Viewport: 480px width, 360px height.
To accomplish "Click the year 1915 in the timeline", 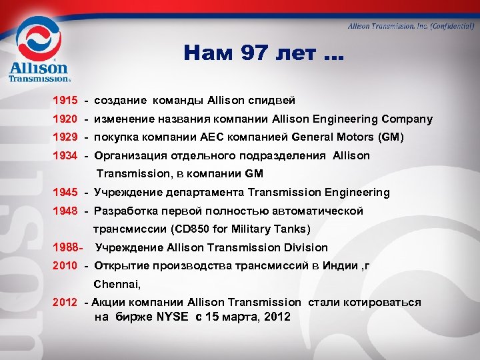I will click(x=65, y=100).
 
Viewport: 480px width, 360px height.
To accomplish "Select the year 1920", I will click(x=65, y=119).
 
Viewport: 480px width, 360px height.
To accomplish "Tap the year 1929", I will click(x=65, y=138).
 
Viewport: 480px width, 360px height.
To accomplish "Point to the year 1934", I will click(x=65, y=156).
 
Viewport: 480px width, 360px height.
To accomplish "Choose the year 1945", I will click(x=65, y=193).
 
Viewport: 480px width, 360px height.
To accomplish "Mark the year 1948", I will click(x=65, y=211).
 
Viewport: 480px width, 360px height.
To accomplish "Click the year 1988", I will click(x=65, y=248).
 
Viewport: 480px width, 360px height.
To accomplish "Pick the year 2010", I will click(x=65, y=266).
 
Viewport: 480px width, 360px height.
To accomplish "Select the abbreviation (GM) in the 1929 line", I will click(x=391, y=138).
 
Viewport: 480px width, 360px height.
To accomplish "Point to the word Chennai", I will click(x=117, y=284).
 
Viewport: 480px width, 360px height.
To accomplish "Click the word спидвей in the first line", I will click(x=273, y=100).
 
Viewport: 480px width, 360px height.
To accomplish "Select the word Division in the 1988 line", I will click(x=305, y=248).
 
